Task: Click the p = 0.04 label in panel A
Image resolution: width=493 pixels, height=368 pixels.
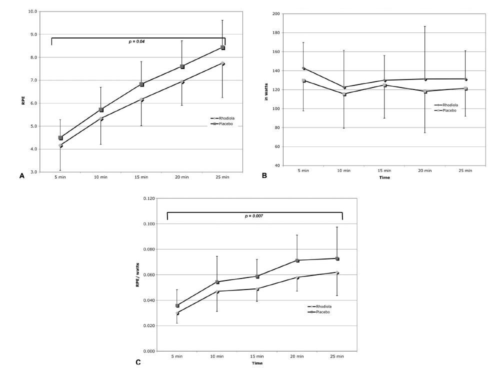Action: [138, 41]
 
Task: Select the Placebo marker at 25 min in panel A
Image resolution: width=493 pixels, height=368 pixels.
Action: [223, 48]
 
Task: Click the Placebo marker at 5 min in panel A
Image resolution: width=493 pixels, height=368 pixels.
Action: [60, 137]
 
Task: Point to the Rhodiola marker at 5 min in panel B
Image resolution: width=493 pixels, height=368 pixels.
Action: [303, 68]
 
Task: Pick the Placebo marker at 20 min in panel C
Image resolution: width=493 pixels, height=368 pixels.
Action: [297, 260]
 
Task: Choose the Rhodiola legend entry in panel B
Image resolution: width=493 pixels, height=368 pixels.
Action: [450, 105]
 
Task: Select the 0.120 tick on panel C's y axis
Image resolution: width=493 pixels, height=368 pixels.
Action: [148, 198]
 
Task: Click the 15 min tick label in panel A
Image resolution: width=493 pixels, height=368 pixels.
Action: [141, 177]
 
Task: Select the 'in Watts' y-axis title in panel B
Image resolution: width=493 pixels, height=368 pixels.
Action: [265, 89]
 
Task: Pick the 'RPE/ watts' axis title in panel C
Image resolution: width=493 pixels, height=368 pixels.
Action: [137, 274]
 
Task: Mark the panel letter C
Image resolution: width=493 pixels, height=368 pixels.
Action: [138, 362]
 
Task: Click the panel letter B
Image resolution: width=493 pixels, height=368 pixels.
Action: [264, 175]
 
